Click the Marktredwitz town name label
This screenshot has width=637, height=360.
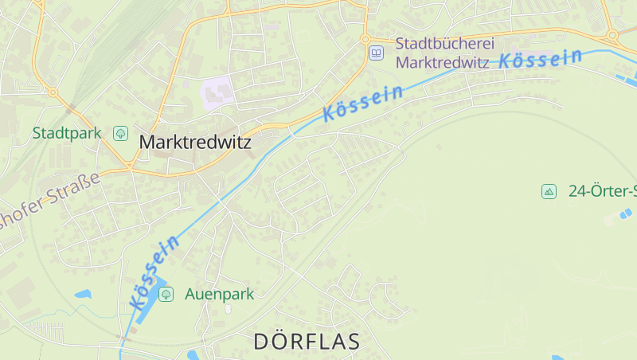195,143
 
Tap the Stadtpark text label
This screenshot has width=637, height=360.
67,133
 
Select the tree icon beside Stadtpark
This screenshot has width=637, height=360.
121,133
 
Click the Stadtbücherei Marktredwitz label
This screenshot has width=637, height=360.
442,53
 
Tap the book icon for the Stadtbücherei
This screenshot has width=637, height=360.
376,53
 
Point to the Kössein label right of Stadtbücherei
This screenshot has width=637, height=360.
541,58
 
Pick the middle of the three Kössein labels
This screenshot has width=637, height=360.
363,104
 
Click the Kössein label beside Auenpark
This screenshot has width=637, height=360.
154,272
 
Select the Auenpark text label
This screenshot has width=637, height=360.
219,294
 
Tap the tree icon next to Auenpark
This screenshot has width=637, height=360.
166,295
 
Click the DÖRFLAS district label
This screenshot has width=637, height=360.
307,342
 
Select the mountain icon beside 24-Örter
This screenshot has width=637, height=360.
549,191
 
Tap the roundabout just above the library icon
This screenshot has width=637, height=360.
365,38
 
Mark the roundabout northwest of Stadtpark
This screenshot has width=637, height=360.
53,92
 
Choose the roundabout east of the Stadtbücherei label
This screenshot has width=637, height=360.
612,35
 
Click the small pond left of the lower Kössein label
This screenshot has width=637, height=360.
83,294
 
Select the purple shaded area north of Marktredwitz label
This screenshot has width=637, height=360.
218,92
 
